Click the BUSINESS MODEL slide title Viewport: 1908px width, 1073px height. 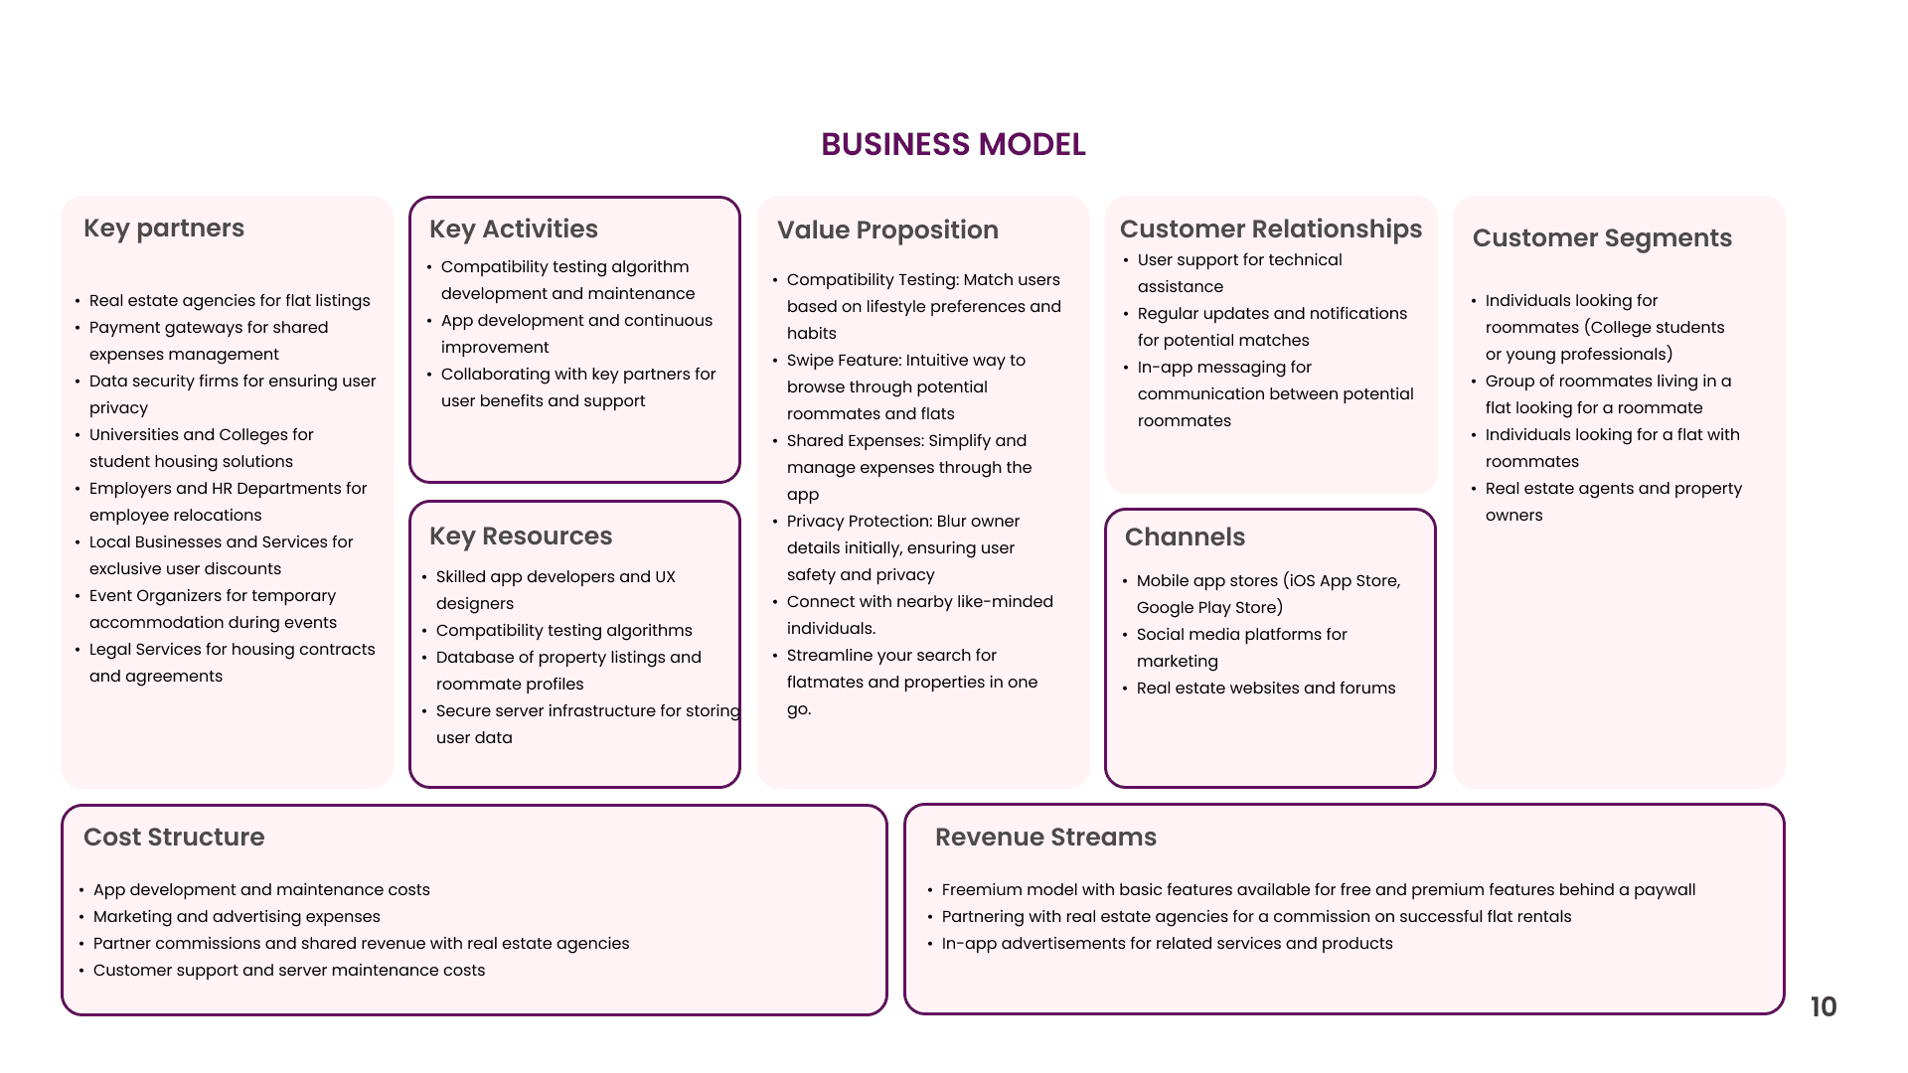pyautogui.click(x=953, y=145)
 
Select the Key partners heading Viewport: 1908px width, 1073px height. pyautogui.click(x=164, y=229)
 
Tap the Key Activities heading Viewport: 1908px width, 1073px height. pyautogui.click(x=513, y=230)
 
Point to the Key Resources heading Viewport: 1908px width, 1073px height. pyautogui.click(x=521, y=536)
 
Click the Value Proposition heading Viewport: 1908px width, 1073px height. pyautogui.click(x=887, y=230)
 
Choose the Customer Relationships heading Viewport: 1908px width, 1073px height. pyautogui.click(x=1270, y=230)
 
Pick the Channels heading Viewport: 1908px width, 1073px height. pyautogui.click(x=1185, y=537)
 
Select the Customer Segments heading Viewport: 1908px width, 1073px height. pyautogui.click(x=1602, y=238)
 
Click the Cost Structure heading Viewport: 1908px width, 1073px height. pyautogui.click(x=174, y=838)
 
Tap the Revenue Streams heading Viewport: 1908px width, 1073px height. pyautogui.click(x=1045, y=838)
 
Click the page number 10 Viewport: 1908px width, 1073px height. pyautogui.click(x=1823, y=1007)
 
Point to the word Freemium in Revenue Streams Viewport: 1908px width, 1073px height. pyautogui.click(x=981, y=890)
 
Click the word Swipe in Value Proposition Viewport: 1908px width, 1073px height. pyautogui.click(x=809, y=361)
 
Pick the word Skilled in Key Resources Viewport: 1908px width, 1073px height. pyautogui.click(x=461, y=577)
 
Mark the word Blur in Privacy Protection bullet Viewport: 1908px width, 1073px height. pyautogui.click(x=945, y=522)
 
